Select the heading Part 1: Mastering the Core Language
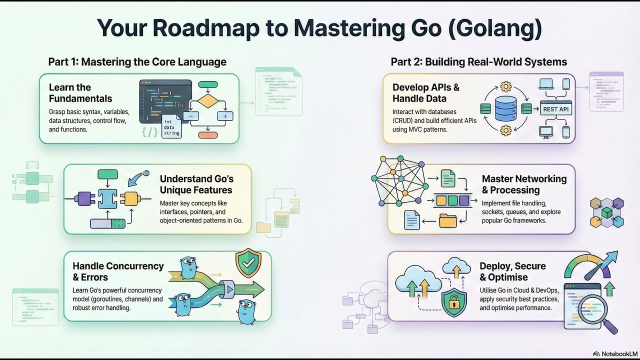pyautogui.click(x=137, y=62)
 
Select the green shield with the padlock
pyautogui.click(x=453, y=302)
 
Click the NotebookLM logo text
pyautogui.click(x=614, y=353)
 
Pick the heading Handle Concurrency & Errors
pyautogui.click(x=118, y=271)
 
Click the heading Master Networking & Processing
pyautogui.click(x=524, y=184)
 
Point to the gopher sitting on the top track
pyautogui.click(x=188, y=267)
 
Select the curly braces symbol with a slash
pyautogui.click(x=150, y=132)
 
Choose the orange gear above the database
pyautogui.click(x=506, y=86)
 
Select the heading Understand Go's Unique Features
pyautogui.click(x=196, y=184)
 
